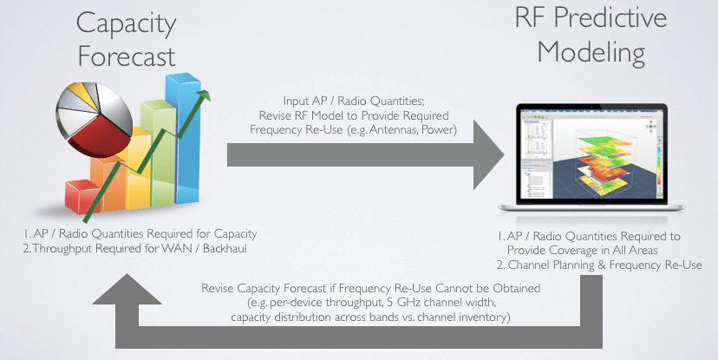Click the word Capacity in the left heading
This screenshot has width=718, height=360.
tap(127, 24)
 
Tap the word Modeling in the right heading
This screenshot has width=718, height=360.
tap(591, 53)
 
